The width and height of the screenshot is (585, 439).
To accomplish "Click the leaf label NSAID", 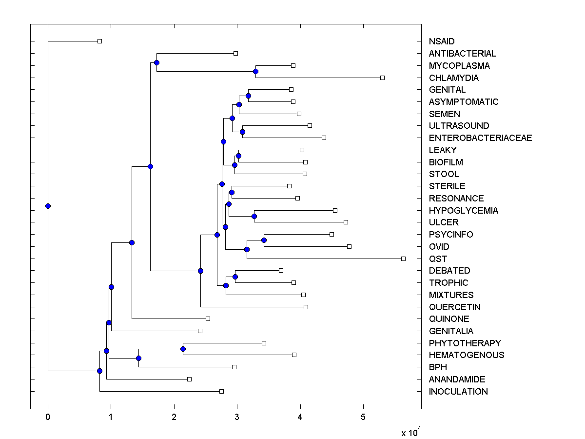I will [441, 41].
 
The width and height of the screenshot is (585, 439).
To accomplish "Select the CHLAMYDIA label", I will [453, 78].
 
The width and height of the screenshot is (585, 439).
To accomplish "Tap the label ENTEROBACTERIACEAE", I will [480, 138].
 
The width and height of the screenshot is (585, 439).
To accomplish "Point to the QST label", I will [438, 259].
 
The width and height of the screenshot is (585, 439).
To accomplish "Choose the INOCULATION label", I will [458, 392].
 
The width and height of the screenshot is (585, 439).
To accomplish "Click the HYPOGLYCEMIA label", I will [463, 211].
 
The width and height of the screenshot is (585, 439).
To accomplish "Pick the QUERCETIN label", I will [454, 307].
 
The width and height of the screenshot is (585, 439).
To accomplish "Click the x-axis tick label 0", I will [48, 418].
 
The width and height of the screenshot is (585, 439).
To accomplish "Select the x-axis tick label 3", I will [237, 418].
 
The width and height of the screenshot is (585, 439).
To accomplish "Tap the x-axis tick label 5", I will [363, 418].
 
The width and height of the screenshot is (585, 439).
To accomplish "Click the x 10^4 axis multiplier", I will [410, 433].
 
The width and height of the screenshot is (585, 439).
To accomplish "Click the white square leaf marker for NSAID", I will [99, 41].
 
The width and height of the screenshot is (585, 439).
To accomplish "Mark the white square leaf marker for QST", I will [403, 259].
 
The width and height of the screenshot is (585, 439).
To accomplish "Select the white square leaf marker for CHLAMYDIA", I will [382, 78].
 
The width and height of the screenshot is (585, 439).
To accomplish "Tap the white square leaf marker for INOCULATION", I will [221, 391].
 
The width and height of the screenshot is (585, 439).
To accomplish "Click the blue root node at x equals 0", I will [48, 206].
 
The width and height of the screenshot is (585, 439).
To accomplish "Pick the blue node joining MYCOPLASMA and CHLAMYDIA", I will [255, 72].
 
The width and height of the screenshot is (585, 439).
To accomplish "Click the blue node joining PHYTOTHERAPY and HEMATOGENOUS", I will [183, 349].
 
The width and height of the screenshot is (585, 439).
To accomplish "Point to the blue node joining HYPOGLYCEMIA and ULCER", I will [254, 216].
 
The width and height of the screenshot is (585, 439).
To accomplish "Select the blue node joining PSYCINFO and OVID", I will [264, 240].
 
